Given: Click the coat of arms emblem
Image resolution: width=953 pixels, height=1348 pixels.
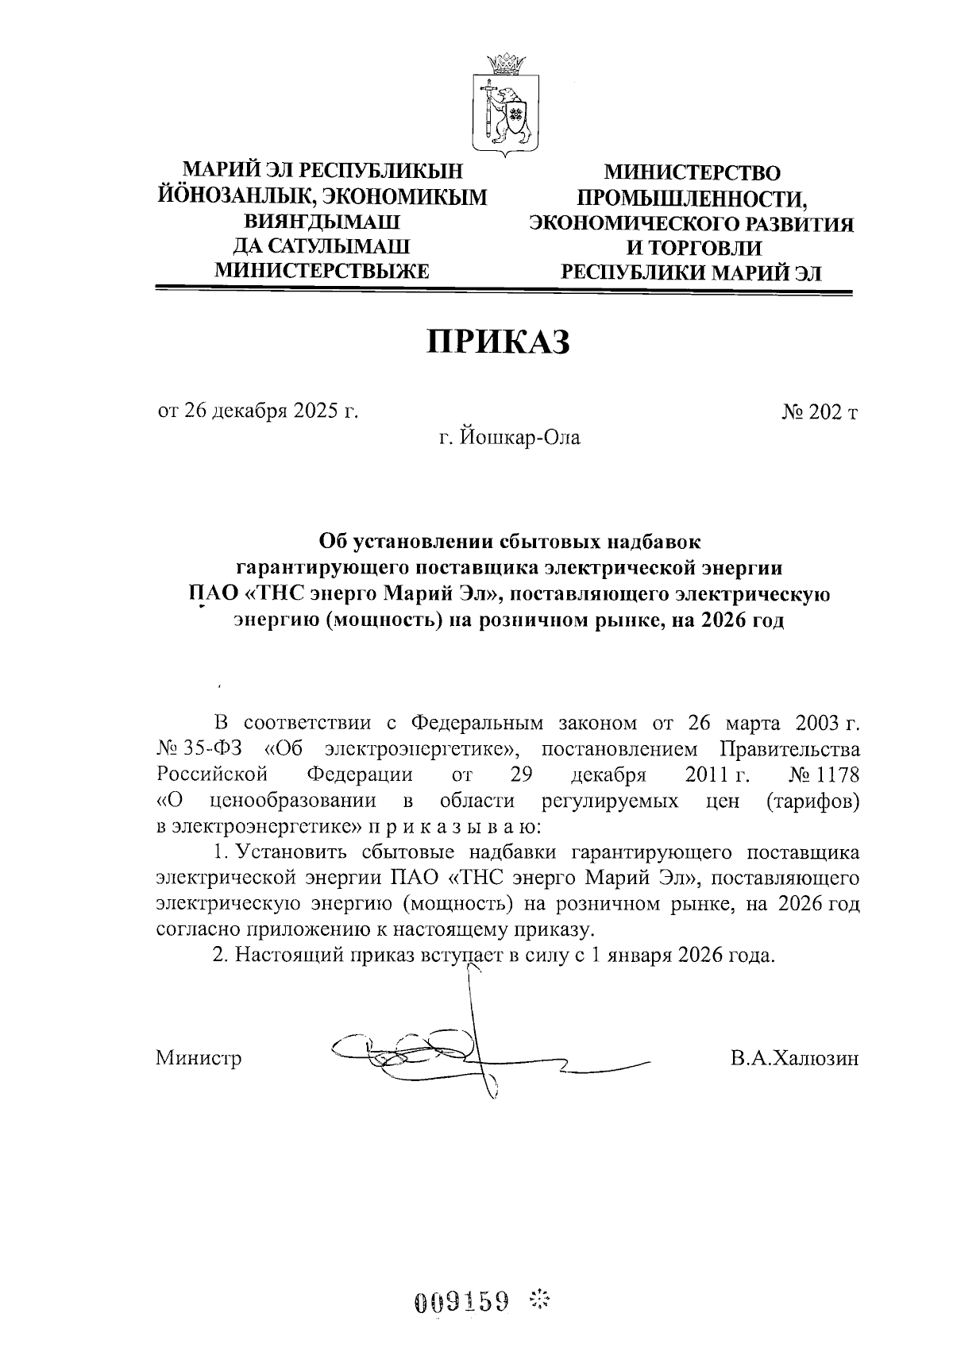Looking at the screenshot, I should tap(507, 111).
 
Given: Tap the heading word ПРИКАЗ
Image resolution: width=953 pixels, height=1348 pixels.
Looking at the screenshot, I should tap(500, 342).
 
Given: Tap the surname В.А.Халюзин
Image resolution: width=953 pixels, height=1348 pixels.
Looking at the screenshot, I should tap(795, 1058).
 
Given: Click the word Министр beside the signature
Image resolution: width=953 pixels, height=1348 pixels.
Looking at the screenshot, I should tap(199, 1058).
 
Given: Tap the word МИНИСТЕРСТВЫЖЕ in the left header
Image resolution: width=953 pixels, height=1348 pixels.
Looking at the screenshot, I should tap(322, 271).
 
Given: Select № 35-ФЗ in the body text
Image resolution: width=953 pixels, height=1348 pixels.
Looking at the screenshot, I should tap(195, 749).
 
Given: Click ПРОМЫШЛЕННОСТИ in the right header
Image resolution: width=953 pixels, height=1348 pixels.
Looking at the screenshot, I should tap(692, 198).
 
